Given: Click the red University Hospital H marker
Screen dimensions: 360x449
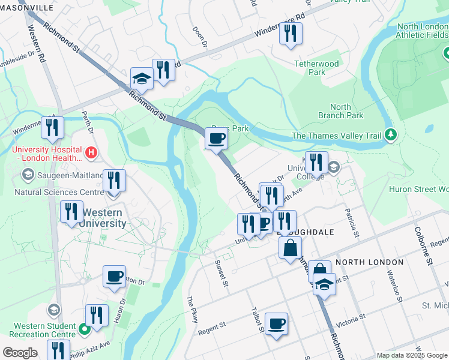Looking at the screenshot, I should coord(91,153).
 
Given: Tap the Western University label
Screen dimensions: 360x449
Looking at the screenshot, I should coord(104,218).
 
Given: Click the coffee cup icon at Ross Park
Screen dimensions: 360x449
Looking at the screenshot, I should coord(216,139).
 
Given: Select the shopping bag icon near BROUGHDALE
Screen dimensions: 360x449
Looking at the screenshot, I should coord(290,247).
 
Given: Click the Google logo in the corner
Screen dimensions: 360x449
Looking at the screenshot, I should coord(20,353).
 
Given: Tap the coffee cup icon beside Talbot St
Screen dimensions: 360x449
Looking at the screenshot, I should coord(276,325).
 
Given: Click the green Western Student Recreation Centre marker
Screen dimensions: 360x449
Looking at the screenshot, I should coord(85,328).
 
